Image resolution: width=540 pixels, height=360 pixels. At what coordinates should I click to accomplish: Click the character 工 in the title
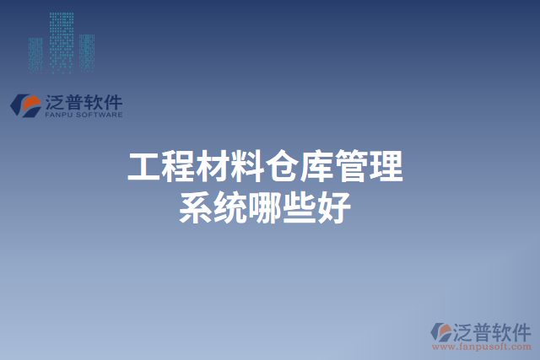144,167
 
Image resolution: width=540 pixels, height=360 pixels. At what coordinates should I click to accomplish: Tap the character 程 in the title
179,167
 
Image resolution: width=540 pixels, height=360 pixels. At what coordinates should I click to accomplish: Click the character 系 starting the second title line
196,207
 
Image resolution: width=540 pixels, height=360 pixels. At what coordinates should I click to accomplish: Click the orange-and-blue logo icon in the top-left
26,105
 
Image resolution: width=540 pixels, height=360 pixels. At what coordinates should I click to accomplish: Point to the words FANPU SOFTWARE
83,115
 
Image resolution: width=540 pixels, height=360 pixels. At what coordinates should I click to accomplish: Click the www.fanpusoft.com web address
482,346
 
